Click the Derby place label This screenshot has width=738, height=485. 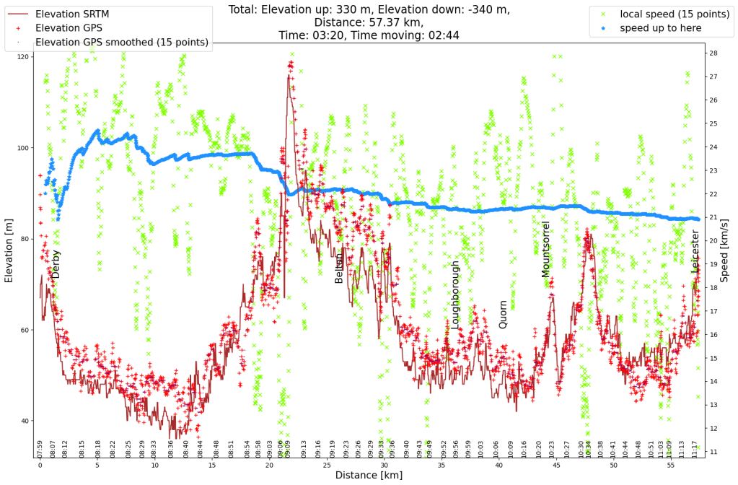56,264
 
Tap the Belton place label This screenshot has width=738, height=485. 339,268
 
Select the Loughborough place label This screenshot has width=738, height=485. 454,294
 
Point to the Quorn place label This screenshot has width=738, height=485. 503,315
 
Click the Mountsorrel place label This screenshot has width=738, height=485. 545,249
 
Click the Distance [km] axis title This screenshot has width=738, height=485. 368,475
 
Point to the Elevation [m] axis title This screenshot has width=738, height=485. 9,249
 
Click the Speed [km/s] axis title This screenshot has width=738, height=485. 725,249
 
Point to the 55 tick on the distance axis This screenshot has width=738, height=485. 670,466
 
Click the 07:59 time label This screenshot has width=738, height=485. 40,448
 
